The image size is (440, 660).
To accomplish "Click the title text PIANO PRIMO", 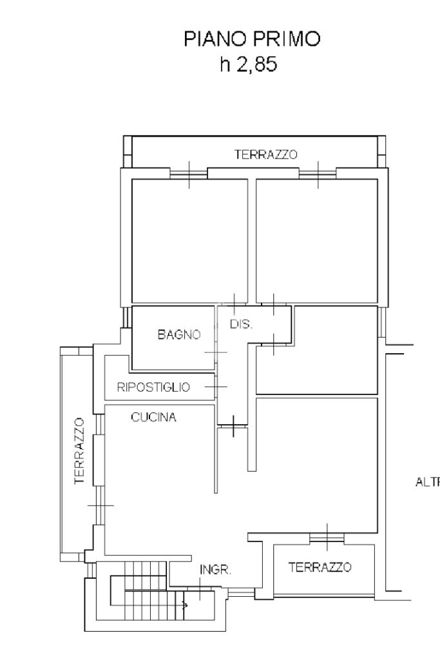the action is (251, 40).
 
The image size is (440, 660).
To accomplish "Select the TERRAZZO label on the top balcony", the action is (265, 155).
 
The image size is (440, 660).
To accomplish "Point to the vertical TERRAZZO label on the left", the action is (79, 450).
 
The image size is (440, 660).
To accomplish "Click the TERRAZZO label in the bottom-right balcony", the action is (320, 567).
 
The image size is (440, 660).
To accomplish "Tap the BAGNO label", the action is (178, 335).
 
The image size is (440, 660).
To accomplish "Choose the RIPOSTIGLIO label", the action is (153, 387).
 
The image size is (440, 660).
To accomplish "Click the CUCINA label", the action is (153, 417).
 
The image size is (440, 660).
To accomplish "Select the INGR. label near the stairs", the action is (215, 570).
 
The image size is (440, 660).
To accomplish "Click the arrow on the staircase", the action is (185, 605).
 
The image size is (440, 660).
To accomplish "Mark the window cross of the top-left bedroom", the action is (189, 173).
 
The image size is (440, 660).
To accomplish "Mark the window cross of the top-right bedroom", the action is (318, 173).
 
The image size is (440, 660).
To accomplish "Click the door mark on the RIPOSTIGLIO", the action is (216, 386).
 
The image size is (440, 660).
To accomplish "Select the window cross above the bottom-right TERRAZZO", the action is (327, 537).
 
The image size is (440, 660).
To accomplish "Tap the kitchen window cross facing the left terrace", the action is (99, 505).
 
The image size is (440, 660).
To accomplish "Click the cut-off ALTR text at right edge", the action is (427, 480).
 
